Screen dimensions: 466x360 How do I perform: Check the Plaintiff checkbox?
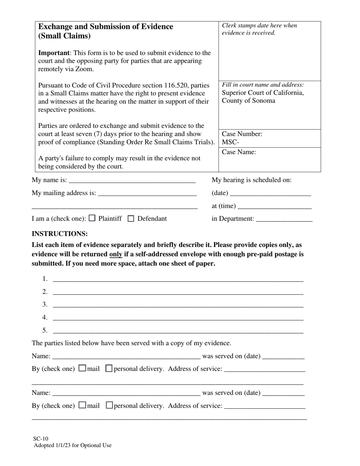pyautogui.click(x=92, y=218)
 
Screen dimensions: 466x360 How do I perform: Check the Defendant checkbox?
pyautogui.click(x=131, y=218)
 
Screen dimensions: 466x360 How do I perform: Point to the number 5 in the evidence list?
pyautogui.click(x=45, y=330)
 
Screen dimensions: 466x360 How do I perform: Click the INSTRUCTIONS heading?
pyautogui.click(x=59, y=234)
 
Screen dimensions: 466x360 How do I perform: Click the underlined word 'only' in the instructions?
pyautogui.click(x=116, y=254)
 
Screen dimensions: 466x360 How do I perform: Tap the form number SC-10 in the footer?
pyautogui.click(x=41, y=439)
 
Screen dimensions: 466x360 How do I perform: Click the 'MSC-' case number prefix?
pyautogui.click(x=230, y=142)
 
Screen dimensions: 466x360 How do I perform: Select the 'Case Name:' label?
pyautogui.click(x=239, y=152)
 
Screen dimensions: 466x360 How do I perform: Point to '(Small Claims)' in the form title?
pyautogui.click(x=64, y=36)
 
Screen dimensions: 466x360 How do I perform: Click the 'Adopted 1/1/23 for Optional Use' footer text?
pyautogui.click(x=72, y=446)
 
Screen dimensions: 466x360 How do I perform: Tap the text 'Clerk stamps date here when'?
pyautogui.click(x=259, y=26)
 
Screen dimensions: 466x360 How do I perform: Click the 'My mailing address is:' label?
pyautogui.click(x=64, y=193)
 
